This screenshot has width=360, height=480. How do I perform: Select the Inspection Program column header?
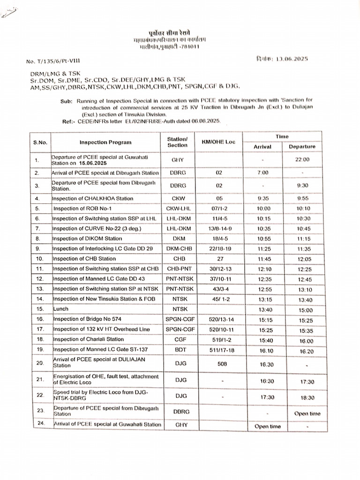[x=105, y=142]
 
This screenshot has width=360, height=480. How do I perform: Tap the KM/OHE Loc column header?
[x=218, y=142]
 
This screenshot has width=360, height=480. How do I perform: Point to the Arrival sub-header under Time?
[x=263, y=147]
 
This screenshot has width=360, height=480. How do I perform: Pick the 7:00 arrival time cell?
[x=263, y=173]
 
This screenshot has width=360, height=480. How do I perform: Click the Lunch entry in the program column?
[x=61, y=309]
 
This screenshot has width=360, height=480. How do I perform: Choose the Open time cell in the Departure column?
[x=307, y=413]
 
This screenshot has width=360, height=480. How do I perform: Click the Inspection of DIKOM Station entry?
[x=87, y=239]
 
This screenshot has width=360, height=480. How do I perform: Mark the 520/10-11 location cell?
[x=218, y=330]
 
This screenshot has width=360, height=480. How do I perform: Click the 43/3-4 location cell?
[x=218, y=289]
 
